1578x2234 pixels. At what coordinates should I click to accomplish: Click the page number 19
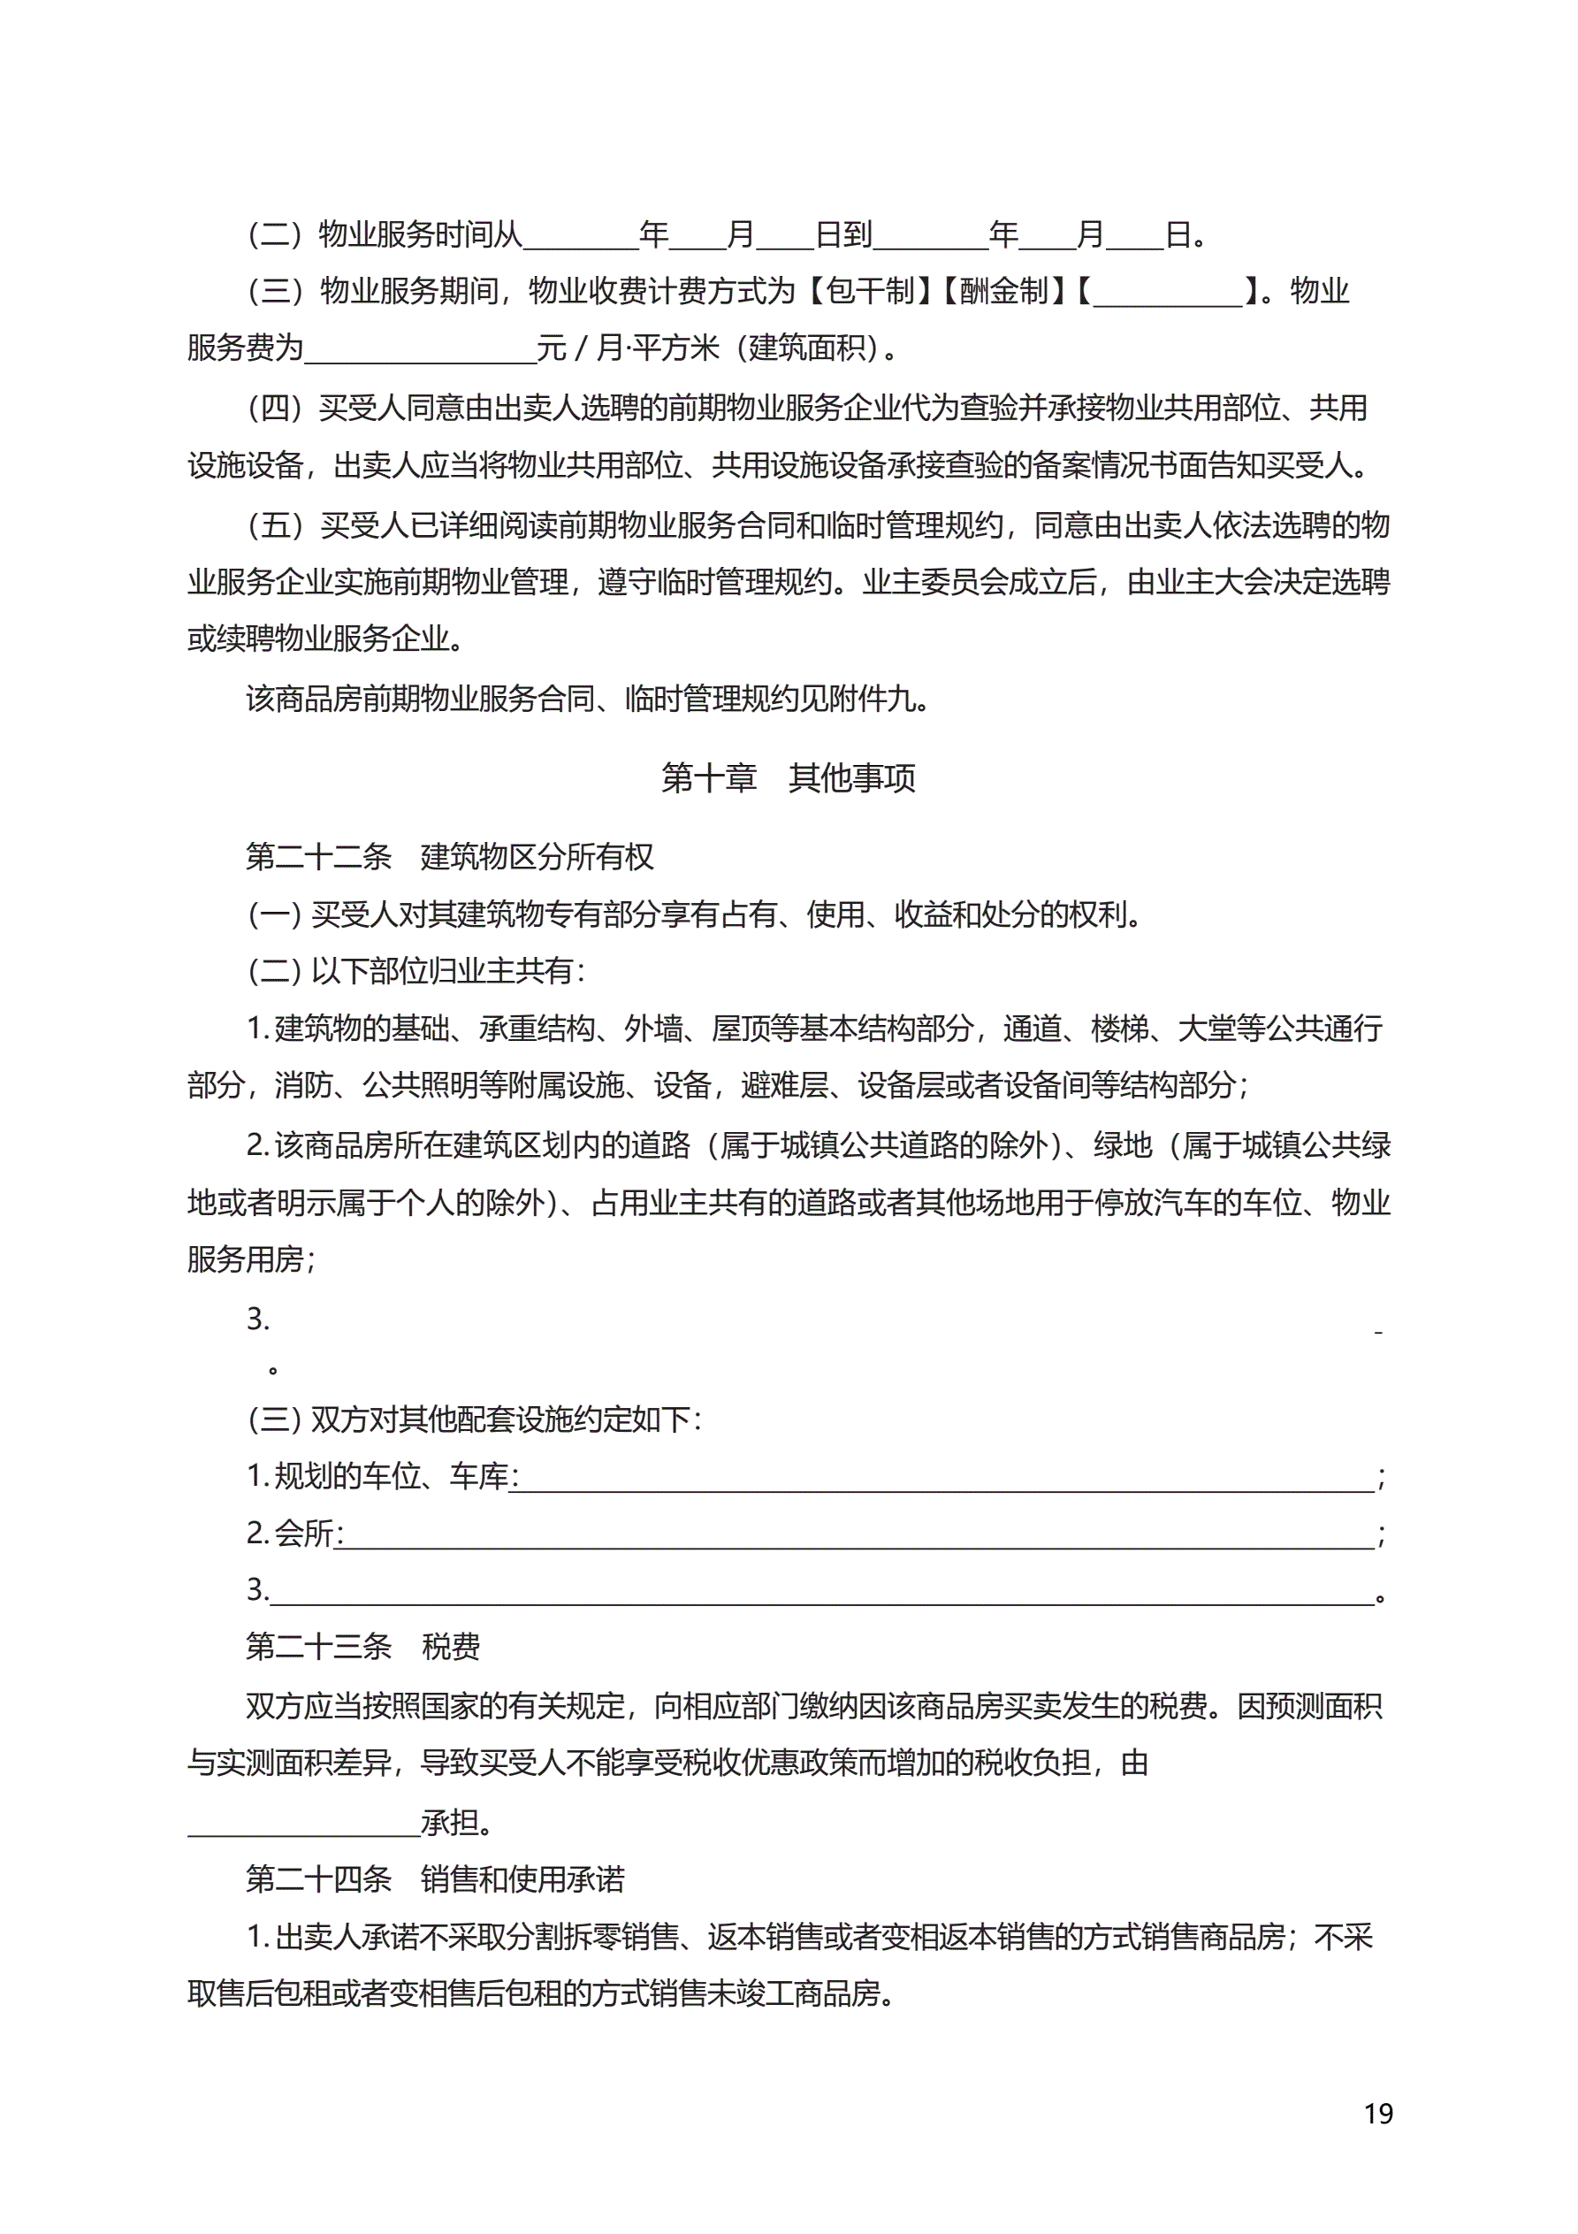pos(1377,2114)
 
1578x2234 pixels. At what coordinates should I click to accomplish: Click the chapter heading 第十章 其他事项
pos(788,777)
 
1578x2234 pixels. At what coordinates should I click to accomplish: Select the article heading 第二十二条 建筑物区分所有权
pos(449,856)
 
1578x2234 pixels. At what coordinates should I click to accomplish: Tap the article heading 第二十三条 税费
pos(362,1646)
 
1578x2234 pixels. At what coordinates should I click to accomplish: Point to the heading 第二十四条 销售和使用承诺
pos(435,1878)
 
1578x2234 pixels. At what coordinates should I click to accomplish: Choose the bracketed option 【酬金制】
pos(1003,290)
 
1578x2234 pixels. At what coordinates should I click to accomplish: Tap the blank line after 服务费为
pos(420,352)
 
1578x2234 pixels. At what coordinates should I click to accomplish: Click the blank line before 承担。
pos(303,1825)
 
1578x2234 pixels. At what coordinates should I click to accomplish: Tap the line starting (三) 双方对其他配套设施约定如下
pos(475,1419)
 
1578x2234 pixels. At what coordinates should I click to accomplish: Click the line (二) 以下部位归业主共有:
pos(416,970)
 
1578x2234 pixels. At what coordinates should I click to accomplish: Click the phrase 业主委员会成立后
pos(980,582)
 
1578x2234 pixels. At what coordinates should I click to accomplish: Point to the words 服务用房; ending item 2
pos(251,1259)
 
